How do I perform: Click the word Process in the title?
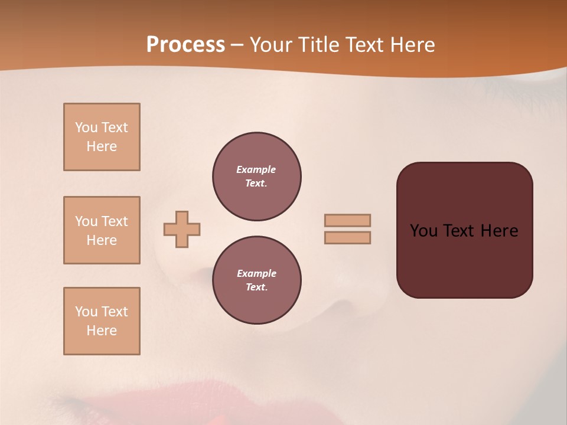pos(185,45)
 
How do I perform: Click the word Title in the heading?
pos(318,45)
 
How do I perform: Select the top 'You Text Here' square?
pos(102,137)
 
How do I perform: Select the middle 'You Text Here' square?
pos(102,230)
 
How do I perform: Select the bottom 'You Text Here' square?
pos(102,321)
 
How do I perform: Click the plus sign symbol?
pos(182,229)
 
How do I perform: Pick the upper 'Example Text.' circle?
pos(256,176)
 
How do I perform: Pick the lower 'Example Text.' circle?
pos(256,280)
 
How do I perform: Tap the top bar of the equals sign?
pos(347,220)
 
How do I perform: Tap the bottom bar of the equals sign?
pos(347,238)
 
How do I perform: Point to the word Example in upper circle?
pos(256,169)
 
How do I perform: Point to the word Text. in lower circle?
pos(256,287)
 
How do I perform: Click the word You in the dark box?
pos(423,231)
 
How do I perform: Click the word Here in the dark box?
pos(499,231)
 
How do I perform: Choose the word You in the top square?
pos(86,127)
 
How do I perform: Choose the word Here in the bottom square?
pos(102,331)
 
